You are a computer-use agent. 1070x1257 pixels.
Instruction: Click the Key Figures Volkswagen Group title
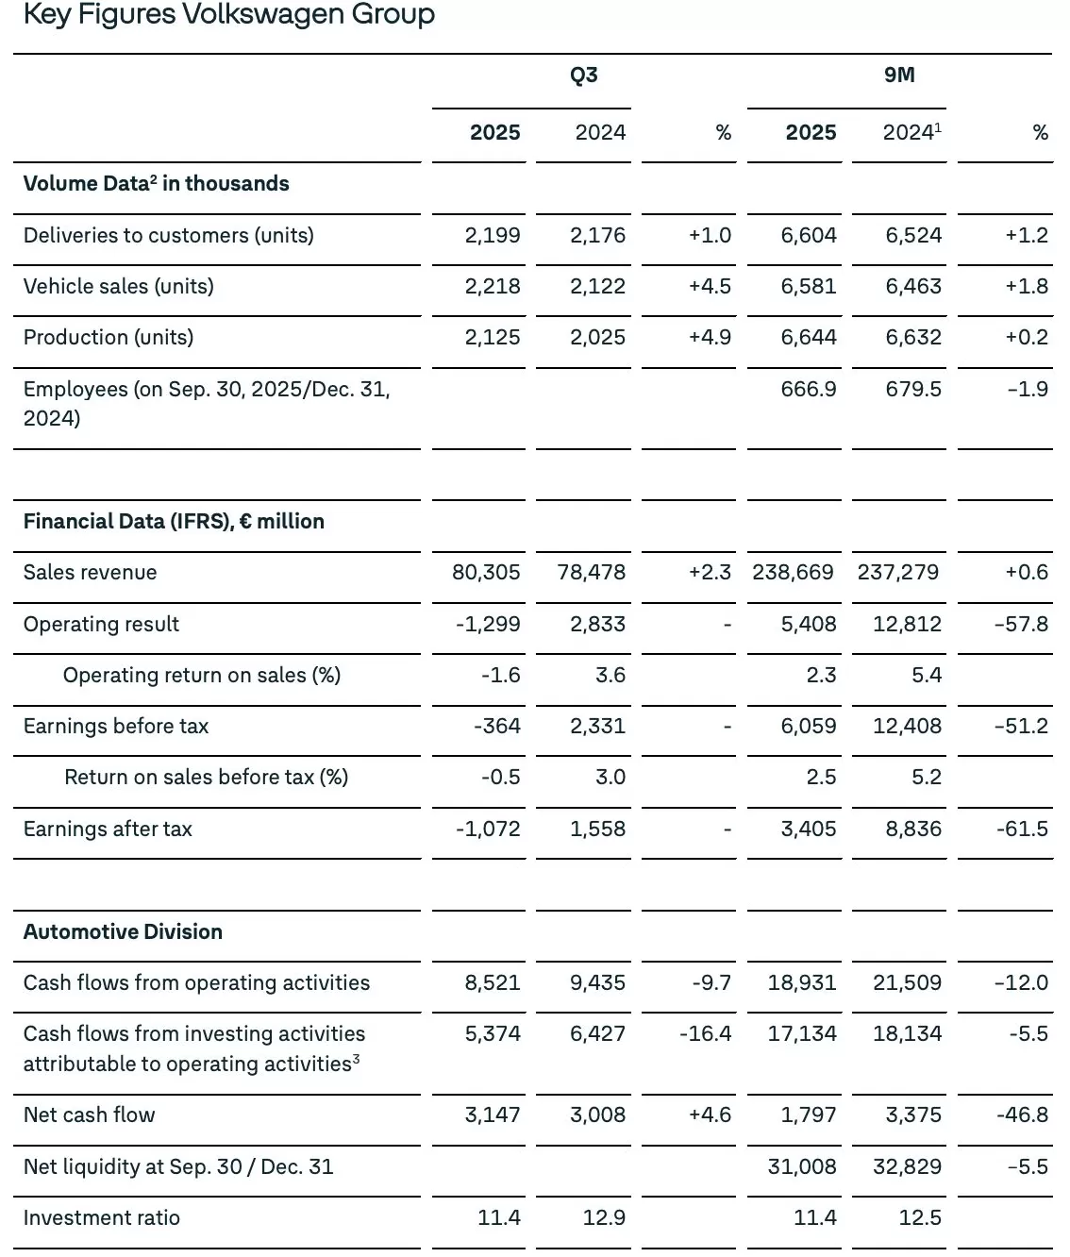pos(228,15)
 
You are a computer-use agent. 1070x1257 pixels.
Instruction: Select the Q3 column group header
pos(583,75)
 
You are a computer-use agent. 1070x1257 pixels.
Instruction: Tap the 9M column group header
pos(899,75)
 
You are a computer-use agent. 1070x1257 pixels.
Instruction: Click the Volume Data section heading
pos(156,183)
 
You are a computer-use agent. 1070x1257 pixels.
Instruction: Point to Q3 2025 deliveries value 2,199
pos(493,235)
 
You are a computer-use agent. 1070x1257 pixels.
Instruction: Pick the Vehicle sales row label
pos(119,286)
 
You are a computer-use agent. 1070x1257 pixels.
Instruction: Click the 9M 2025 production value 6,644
pos(809,337)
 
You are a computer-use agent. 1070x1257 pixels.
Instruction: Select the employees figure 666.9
pos(809,389)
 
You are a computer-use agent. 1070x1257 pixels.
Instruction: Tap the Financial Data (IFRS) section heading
pos(174,521)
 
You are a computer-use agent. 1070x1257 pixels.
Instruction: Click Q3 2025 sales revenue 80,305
pos(486,572)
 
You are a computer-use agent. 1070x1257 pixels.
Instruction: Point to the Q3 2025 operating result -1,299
pos(488,624)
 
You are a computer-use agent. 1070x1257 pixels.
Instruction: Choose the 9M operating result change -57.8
pos(1022,624)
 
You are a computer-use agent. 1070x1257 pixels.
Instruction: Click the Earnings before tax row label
pos(116,726)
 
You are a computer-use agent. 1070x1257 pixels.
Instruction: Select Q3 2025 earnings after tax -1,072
pos(488,829)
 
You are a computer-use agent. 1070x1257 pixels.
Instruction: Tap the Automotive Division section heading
pos(123,931)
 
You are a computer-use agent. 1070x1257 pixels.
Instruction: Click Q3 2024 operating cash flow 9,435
pos(597,982)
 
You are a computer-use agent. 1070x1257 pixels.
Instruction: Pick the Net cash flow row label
pos(90,1115)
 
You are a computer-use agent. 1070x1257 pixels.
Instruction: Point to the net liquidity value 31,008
pos(802,1166)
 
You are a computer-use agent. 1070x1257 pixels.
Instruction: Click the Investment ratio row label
pos(102,1217)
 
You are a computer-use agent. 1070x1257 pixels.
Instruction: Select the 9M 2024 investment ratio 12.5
pos(920,1217)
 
